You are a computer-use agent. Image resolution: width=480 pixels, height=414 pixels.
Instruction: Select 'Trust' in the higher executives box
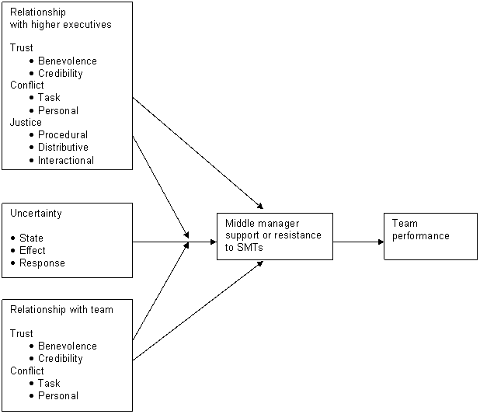21,48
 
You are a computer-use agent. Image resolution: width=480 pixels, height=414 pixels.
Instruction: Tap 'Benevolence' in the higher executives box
67,61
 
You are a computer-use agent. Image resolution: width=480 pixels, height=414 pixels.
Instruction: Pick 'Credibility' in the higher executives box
60,74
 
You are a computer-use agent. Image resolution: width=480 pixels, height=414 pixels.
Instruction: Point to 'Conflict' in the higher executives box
26,85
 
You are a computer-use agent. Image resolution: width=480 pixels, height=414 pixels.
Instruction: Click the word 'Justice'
26,123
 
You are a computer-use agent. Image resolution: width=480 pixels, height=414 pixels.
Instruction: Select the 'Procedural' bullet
62,135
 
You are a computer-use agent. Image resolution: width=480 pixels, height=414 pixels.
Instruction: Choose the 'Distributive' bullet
63,148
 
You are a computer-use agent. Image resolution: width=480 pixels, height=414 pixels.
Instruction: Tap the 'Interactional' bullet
65,161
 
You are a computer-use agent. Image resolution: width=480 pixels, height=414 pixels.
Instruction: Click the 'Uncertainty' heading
36,214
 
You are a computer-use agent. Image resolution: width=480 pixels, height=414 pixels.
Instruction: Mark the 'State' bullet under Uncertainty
31,238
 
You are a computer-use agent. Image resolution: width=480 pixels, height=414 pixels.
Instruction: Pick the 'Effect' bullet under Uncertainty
32,251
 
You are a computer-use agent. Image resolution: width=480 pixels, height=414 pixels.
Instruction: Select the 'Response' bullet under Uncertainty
42,263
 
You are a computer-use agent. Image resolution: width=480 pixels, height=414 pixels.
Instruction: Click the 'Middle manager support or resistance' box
274,235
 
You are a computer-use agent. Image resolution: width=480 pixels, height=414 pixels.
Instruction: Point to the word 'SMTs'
250,248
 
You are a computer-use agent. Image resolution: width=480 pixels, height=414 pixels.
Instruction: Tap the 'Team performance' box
430,235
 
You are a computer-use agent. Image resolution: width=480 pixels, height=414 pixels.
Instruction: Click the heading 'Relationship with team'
61,310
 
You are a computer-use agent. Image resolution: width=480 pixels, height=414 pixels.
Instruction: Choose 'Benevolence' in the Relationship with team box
67,346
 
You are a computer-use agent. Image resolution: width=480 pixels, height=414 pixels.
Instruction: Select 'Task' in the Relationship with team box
48,384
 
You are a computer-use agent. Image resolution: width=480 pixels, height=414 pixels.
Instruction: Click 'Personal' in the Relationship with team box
57,396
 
